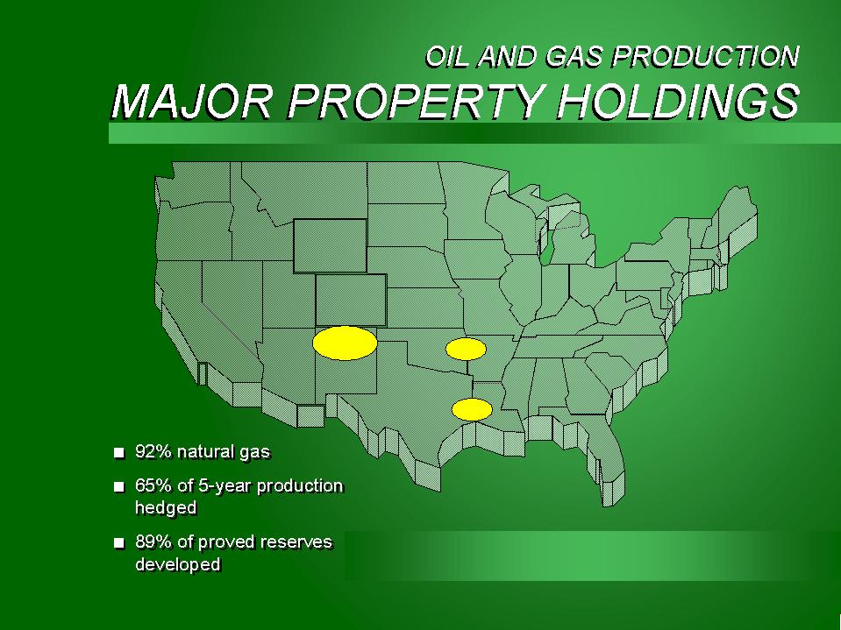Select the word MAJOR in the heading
point(191,102)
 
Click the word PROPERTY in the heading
point(414,102)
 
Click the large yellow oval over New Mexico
point(345,343)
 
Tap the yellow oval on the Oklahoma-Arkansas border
point(466,350)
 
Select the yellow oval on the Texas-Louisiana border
point(472,410)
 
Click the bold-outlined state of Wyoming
point(330,245)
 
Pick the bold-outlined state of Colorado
point(351,300)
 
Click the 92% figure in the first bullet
point(153,452)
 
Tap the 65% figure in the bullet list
point(153,486)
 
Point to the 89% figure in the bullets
point(153,542)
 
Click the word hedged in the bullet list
point(166,508)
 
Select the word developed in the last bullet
point(177,564)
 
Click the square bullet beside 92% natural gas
point(119,453)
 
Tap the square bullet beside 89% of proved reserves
point(119,543)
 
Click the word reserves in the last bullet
point(299,542)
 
